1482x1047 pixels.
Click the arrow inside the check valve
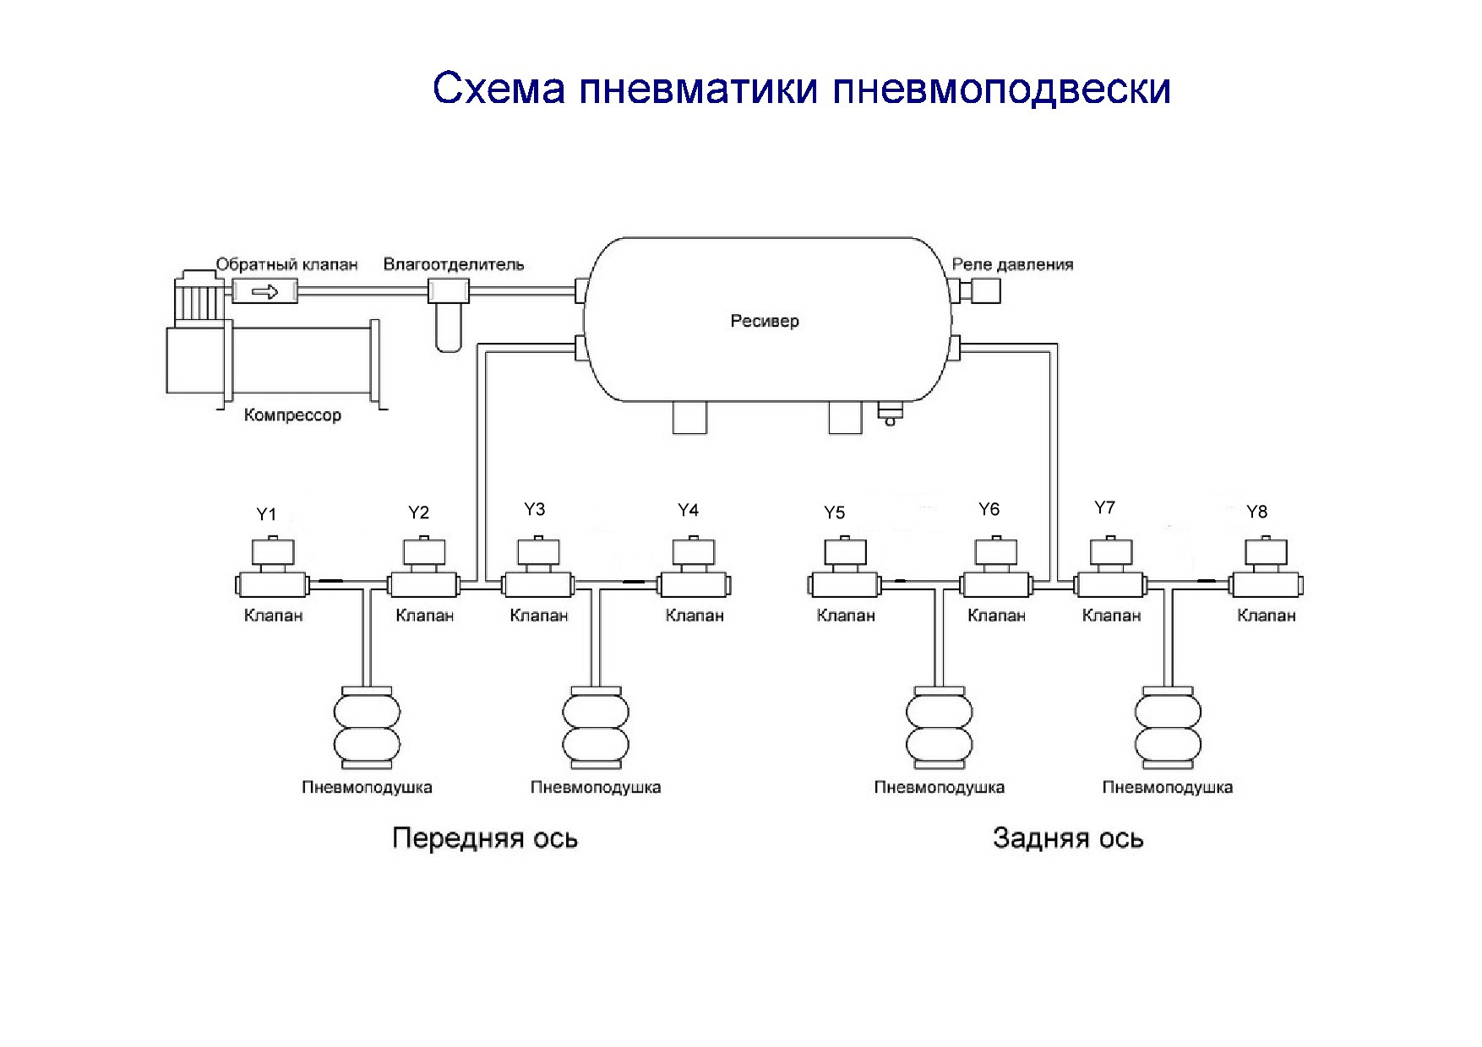point(265,292)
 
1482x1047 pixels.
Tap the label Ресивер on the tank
point(764,321)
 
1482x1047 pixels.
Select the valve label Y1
point(266,514)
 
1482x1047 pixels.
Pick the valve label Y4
point(688,510)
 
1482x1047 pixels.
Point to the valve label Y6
point(989,509)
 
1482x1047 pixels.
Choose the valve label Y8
point(1256,512)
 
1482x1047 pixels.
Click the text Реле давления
point(1012,264)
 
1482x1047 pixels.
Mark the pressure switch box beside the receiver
point(985,292)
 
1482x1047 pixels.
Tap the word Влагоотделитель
point(454,264)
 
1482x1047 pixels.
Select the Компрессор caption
point(292,415)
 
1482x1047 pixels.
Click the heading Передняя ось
point(485,838)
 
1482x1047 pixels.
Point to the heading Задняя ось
point(1068,838)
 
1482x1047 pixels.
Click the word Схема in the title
point(498,89)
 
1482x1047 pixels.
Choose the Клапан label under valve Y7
point(1111,616)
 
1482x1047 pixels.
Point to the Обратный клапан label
point(287,264)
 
